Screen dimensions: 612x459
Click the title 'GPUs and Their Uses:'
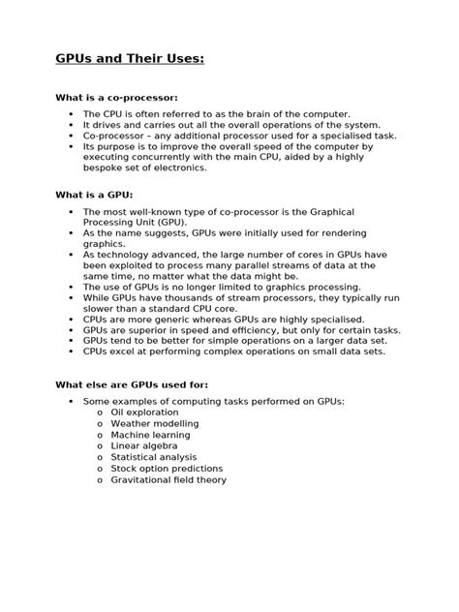click(x=129, y=60)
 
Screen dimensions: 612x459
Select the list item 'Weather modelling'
click(x=155, y=423)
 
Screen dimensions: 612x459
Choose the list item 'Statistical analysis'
click(x=154, y=457)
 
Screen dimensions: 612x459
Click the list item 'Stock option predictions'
click(x=167, y=468)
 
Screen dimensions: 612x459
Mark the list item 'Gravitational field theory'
click(x=168, y=479)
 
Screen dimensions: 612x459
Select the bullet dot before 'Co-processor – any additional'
click(x=70, y=137)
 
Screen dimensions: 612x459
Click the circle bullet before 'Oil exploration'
click(x=100, y=413)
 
